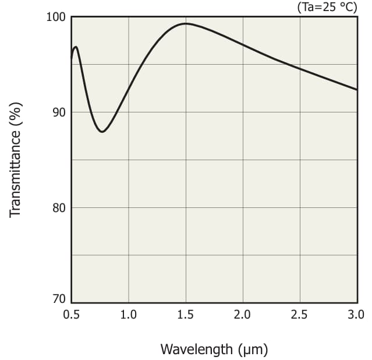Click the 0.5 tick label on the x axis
pyautogui.click(x=71, y=315)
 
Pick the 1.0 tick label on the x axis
pyautogui.click(x=128, y=315)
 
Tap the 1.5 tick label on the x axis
pyautogui.click(x=185, y=315)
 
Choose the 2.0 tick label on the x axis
pyautogui.click(x=242, y=315)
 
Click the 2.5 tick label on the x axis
pyautogui.click(x=299, y=315)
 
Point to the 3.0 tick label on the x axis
pyautogui.click(x=356, y=315)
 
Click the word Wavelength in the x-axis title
pyautogui.click(x=197, y=350)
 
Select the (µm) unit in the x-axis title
pyautogui.click(x=253, y=350)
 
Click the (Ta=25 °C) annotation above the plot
pyautogui.click(x=327, y=7)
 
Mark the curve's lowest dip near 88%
pyautogui.click(x=102, y=132)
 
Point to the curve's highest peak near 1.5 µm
pyautogui.click(x=186, y=24)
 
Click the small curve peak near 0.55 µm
pyautogui.click(x=76, y=47)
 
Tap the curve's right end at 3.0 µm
pyautogui.click(x=356, y=90)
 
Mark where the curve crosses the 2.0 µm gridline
pyautogui.click(x=242, y=45)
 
